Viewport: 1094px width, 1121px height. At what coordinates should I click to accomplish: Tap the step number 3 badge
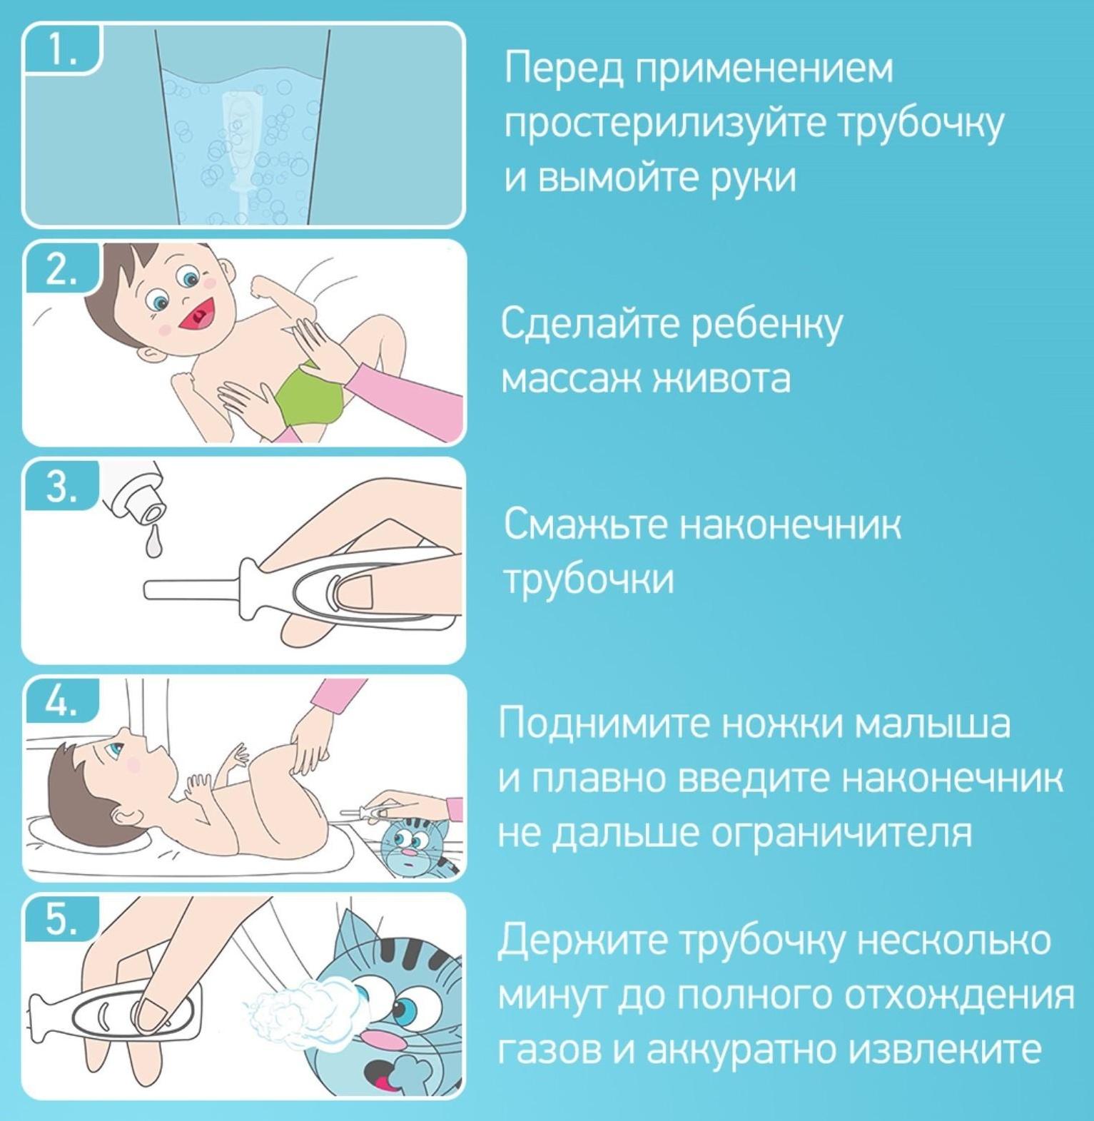[x=61, y=487]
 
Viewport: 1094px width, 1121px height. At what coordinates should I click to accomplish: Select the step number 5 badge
[x=61, y=920]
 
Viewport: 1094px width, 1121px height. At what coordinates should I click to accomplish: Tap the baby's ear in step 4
[x=128, y=814]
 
